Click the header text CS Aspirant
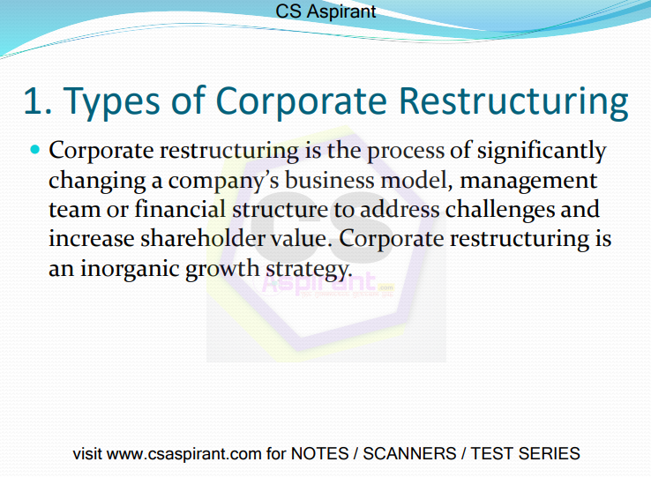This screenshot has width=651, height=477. coord(325,11)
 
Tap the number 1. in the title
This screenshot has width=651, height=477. coord(38,101)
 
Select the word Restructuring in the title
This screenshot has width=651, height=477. coord(513,102)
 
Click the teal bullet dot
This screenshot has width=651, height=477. coord(35,149)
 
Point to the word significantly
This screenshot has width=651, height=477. coord(542,151)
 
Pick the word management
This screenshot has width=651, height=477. coord(528,182)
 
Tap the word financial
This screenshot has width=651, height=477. coord(180,209)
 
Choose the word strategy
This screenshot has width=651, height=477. coord(309,270)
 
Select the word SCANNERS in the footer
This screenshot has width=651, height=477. coord(409,453)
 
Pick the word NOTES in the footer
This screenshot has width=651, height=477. coord(319,453)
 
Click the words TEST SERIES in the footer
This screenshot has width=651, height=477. coord(525,453)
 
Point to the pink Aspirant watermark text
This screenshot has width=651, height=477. coord(319,284)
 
